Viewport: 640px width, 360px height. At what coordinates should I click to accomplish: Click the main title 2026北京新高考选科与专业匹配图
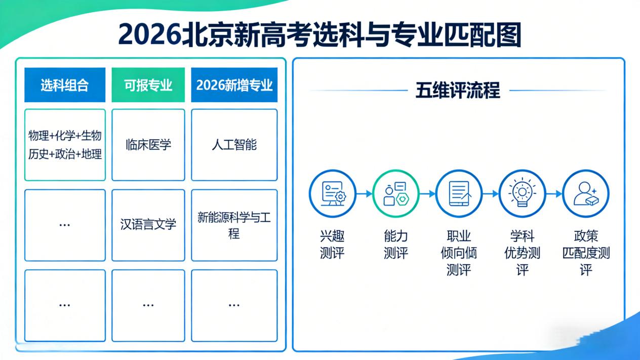tap(319, 34)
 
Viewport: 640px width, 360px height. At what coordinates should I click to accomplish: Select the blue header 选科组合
tap(65, 85)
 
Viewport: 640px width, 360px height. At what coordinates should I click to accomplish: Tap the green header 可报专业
tap(148, 85)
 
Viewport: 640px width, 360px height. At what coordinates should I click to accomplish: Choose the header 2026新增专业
tap(234, 85)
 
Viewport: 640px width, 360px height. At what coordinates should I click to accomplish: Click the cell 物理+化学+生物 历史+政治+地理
tap(65, 145)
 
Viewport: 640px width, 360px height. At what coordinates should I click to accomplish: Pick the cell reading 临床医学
tap(148, 145)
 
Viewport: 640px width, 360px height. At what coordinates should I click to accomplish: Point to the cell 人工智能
tap(234, 145)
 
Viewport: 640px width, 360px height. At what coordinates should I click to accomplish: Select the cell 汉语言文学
tap(148, 225)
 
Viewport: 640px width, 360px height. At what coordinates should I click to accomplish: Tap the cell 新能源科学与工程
tap(234, 226)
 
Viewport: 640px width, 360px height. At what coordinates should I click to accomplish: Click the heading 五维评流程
tap(458, 91)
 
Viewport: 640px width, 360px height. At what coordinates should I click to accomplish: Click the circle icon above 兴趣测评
tap(332, 193)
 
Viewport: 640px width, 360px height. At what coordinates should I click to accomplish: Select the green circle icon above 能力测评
tap(395, 193)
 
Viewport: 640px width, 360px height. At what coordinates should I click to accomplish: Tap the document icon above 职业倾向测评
tap(459, 193)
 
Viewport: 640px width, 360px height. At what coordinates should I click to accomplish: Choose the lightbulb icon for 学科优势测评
tap(522, 193)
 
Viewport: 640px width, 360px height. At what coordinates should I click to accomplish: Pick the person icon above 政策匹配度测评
tap(585, 193)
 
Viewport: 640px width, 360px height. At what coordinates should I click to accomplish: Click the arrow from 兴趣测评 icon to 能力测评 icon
tap(364, 193)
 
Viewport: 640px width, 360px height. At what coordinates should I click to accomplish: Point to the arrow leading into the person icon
tap(554, 193)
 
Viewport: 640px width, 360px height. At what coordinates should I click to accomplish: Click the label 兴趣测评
tap(332, 245)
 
